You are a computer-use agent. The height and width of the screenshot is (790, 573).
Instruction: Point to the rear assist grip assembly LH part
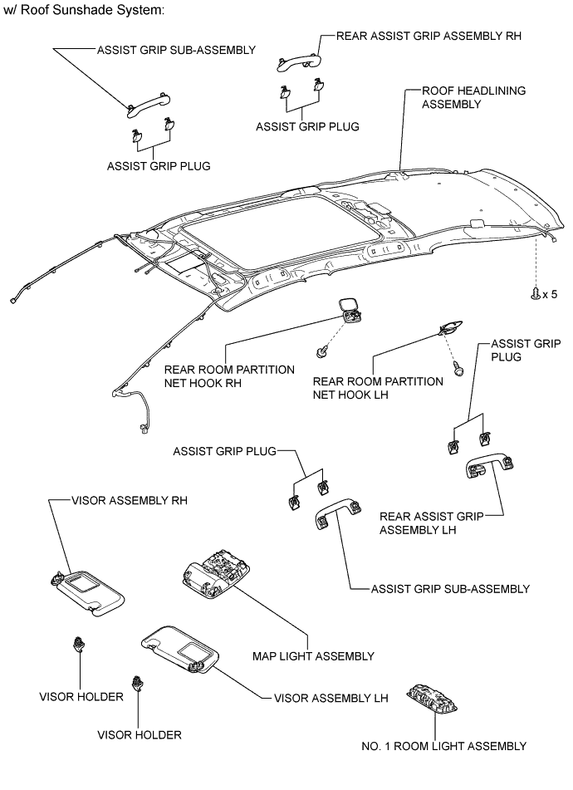tap(490, 466)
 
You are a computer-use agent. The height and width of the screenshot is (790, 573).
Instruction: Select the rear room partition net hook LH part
tap(451, 327)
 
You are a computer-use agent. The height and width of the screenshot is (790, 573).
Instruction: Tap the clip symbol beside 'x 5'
tap(536, 294)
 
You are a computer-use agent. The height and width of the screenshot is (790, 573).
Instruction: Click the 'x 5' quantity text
tap(551, 294)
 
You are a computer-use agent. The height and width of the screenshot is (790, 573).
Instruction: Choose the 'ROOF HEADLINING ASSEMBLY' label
tap(473, 97)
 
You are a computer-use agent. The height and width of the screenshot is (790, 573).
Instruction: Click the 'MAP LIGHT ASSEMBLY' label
tap(313, 656)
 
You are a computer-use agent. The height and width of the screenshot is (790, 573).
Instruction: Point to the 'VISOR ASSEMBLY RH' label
tap(130, 500)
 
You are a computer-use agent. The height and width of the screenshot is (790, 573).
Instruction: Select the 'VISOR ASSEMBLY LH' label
tap(331, 698)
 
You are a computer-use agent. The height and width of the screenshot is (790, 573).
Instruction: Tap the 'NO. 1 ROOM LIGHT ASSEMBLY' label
tap(443, 746)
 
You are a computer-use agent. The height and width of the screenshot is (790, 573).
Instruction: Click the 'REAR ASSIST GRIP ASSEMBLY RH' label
tap(429, 36)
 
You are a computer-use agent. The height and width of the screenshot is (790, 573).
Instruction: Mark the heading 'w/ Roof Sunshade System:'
tap(84, 10)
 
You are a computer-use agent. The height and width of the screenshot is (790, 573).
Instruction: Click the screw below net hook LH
tap(458, 369)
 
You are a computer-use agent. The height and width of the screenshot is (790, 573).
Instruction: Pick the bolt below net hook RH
tap(321, 351)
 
